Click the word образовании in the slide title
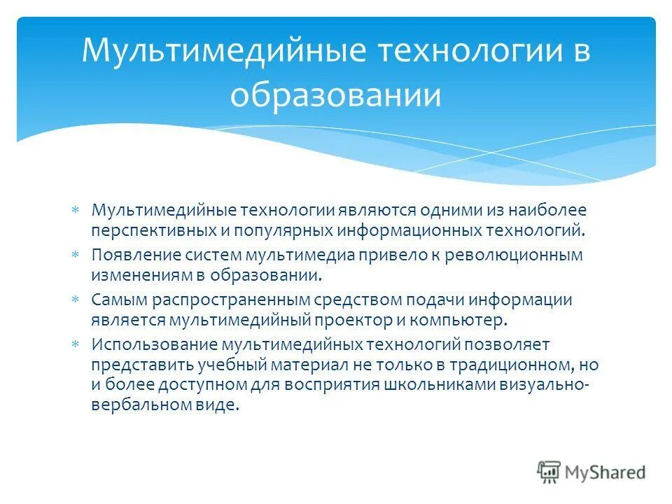click(x=335, y=96)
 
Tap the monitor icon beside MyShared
click(x=549, y=472)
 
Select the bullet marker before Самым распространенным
click(x=76, y=300)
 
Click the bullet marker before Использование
click(x=76, y=344)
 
